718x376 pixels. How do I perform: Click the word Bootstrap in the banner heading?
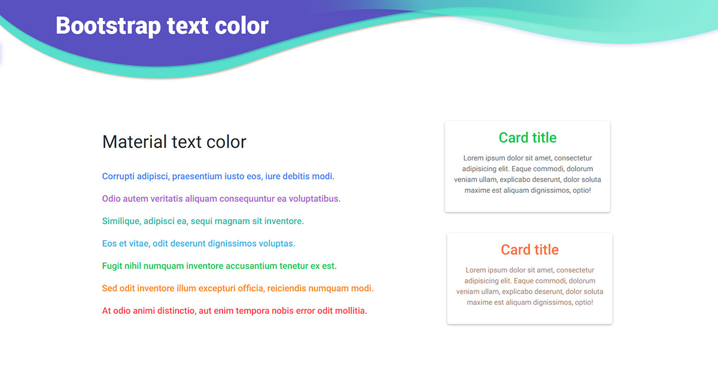click(108, 26)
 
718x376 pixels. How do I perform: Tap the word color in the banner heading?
click(242, 26)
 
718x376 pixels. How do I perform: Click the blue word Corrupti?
click(118, 177)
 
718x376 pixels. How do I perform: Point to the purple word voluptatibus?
click(315, 199)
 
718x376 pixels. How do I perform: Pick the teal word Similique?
click(121, 222)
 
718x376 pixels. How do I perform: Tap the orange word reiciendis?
click(287, 288)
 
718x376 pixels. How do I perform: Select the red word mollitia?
click(351, 311)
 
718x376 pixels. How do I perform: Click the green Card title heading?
click(528, 138)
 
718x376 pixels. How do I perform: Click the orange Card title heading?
click(530, 250)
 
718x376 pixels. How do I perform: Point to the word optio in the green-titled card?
click(582, 190)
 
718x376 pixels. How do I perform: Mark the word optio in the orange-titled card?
click(584, 302)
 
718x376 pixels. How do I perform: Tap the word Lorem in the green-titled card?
click(473, 158)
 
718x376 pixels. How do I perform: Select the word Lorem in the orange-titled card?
click(475, 270)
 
